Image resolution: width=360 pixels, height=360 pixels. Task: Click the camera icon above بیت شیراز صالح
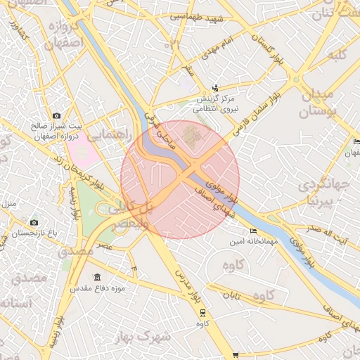coord(56,115)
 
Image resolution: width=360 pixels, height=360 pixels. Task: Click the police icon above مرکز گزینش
coord(216,89)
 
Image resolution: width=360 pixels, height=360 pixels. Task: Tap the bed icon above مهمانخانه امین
coord(253,231)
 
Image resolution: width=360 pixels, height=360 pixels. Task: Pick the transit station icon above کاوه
coord(202,313)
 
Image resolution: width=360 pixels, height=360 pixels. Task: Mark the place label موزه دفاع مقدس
coord(96,288)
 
